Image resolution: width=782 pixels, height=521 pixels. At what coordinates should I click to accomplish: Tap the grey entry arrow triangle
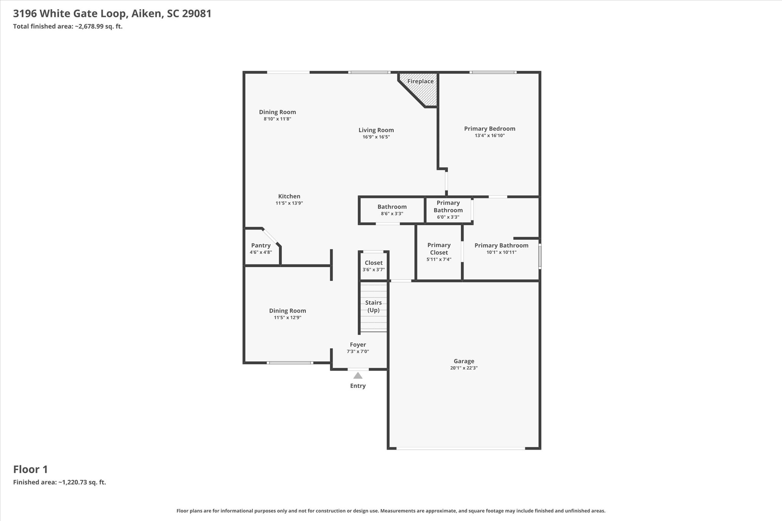pos(358,376)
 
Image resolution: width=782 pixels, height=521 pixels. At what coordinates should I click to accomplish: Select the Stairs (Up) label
pos(373,306)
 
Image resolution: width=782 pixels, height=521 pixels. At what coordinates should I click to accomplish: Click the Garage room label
pos(464,361)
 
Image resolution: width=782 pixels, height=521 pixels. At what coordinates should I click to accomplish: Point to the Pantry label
pos(261,245)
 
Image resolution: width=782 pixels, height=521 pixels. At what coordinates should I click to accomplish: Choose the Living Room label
pos(376,130)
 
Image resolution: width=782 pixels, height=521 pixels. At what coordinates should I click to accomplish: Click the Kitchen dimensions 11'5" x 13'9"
pos(289,203)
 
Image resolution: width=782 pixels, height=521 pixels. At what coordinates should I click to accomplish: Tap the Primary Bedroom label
pos(490,129)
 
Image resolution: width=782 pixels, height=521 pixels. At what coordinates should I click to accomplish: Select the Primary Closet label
pos(439,249)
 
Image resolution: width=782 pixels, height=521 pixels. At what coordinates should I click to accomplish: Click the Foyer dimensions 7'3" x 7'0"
pos(358,352)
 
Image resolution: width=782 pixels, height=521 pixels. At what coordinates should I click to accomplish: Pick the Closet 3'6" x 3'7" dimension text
pos(373,270)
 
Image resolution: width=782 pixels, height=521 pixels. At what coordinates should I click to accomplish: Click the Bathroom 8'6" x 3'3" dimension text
pos(392,214)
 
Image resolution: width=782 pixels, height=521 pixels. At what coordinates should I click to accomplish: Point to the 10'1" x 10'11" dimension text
pos(501,252)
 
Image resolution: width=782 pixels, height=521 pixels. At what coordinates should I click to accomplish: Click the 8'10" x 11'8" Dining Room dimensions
pos(278,119)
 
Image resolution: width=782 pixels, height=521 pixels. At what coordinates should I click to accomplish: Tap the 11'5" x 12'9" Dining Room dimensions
pos(288,318)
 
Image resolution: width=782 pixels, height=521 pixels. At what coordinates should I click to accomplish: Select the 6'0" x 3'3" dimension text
pos(448,217)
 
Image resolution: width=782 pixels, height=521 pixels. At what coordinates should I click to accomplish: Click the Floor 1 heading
pos(31,469)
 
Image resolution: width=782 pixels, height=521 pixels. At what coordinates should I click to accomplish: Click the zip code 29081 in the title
pos(197,14)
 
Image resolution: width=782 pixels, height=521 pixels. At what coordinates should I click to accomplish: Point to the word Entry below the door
pos(358,386)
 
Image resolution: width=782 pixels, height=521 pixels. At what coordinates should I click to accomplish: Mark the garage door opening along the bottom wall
pos(460,448)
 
